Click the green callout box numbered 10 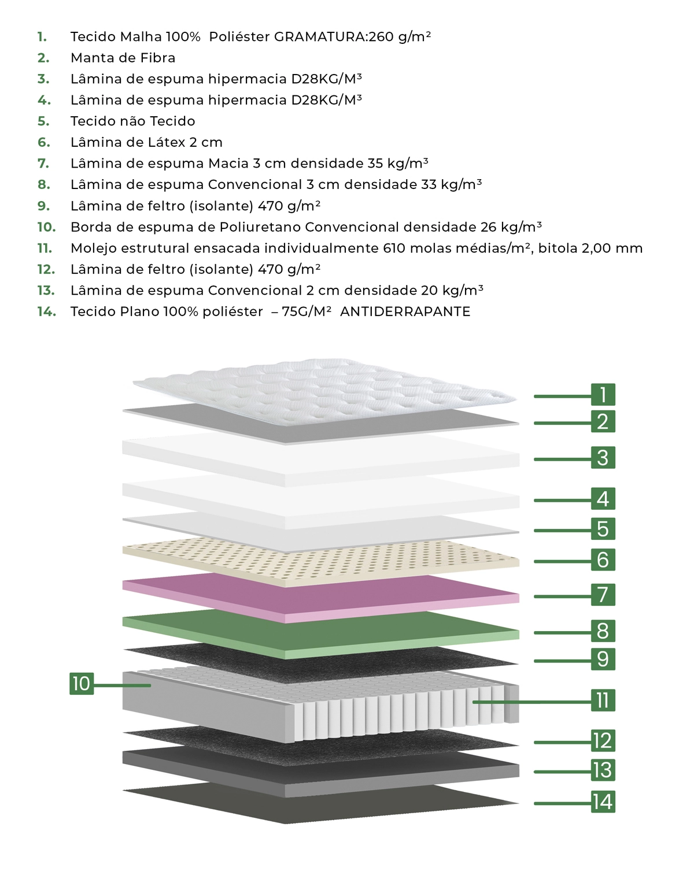82,684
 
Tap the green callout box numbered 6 603,559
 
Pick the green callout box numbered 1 603,394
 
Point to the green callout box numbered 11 603,700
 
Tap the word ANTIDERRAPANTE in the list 405,312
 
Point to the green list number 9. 43,206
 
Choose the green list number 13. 46,290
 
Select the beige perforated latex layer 320,562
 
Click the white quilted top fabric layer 324,391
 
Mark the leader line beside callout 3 562,459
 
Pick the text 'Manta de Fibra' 123,58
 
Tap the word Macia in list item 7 228,163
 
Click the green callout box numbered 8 603,631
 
